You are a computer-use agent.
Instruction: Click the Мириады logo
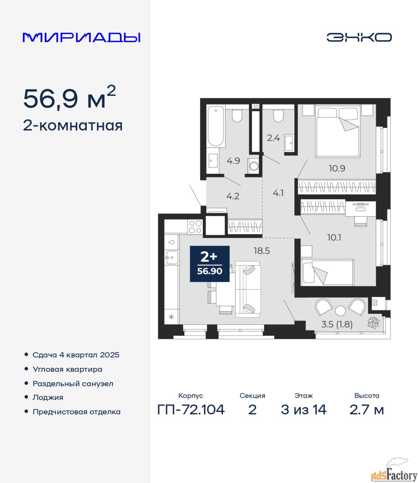pos(81,37)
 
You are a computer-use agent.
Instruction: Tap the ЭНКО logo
pos(359,37)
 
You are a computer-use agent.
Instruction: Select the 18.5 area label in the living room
pos(262,251)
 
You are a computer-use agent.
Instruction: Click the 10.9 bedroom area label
pos(337,168)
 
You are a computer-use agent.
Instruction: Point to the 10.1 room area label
pos(334,238)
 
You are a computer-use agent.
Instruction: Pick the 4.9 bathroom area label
pos(233,161)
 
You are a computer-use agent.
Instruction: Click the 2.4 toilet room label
pos(273,138)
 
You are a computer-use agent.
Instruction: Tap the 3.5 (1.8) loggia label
pos(337,325)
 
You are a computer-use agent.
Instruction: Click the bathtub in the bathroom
pos(216,126)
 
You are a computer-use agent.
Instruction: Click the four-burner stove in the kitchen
pos(195,227)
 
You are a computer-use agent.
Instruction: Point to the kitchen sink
pos(171,257)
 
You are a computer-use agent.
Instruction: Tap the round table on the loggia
pos(340,311)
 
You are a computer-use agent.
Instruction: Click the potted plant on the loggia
pos(374,323)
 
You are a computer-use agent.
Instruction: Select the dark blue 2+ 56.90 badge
pos(210,264)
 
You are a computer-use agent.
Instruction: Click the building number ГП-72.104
pos(191,410)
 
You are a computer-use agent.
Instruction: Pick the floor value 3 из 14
pos(304,410)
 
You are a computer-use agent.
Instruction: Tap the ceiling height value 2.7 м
pos(366,410)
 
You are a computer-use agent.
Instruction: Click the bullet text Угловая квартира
pos(67,369)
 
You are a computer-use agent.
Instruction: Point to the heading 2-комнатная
pos(73,126)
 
